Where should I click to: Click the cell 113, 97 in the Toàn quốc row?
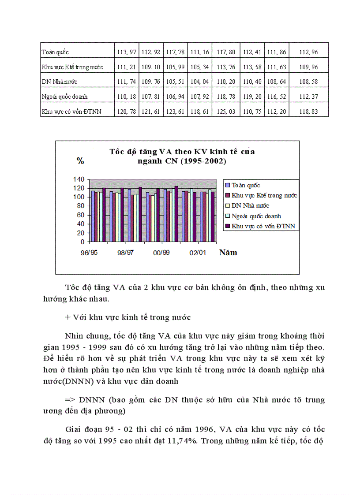pyautogui.click(x=126, y=52)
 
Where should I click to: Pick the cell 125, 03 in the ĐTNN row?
pyautogui.click(x=226, y=112)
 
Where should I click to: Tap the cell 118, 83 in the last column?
pyautogui.click(x=308, y=112)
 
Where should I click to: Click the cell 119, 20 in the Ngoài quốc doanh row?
pyautogui.click(x=252, y=97)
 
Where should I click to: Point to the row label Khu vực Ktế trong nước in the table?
pyautogui.click(x=72, y=67)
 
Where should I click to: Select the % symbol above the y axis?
pyautogui.click(x=80, y=161)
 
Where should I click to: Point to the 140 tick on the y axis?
pyautogui.click(x=78, y=179)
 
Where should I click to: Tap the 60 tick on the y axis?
pyautogui.click(x=80, y=215)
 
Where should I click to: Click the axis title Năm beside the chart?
pyautogui.click(x=228, y=253)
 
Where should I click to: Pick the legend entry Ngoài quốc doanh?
pyautogui.click(x=256, y=216)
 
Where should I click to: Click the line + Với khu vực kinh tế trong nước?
pyautogui.click(x=127, y=317)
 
